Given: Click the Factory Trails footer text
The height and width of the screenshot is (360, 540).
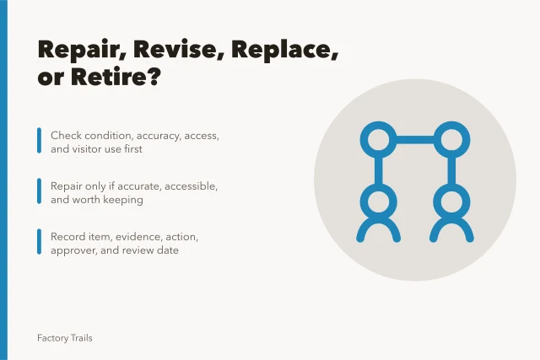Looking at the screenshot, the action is (x=65, y=338).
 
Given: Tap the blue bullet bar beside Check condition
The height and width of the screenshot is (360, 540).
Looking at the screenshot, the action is (x=40, y=141).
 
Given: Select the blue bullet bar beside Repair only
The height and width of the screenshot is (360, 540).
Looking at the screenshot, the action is (x=40, y=191).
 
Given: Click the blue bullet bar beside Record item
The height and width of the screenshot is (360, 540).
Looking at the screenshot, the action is (x=40, y=242).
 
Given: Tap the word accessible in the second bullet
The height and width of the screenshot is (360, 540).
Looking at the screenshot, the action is (x=192, y=186).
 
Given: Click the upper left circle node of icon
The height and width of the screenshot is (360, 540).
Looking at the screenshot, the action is (x=379, y=122).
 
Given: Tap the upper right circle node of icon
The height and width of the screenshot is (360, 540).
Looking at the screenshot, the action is (x=451, y=122).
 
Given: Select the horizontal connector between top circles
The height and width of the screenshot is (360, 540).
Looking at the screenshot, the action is (x=415, y=140).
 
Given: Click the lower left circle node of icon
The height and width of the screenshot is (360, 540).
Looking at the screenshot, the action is (x=379, y=185).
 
